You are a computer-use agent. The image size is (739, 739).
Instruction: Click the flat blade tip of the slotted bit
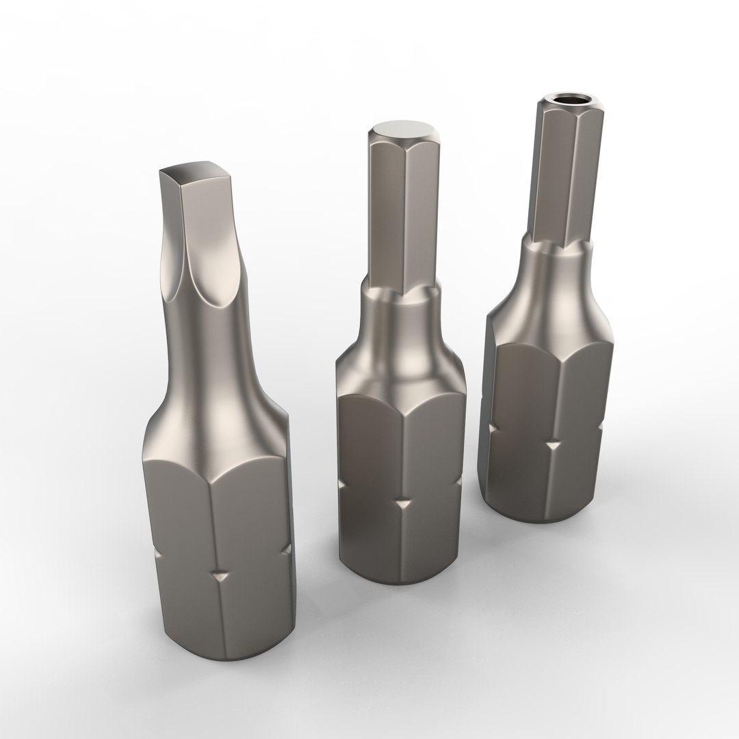coord(197,172)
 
